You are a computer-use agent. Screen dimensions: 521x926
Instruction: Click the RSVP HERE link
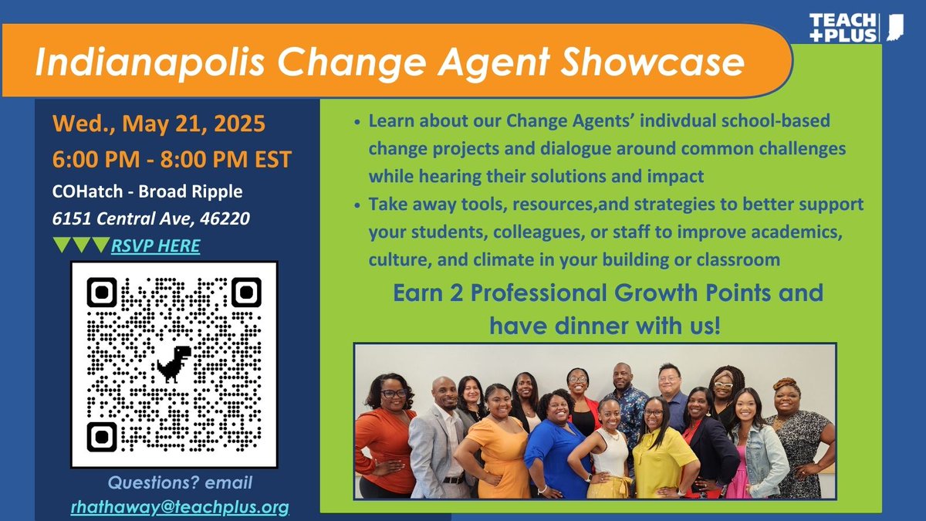[156, 246]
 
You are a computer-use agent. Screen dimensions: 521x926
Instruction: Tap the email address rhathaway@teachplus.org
[180, 507]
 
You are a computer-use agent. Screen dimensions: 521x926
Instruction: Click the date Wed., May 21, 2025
[158, 123]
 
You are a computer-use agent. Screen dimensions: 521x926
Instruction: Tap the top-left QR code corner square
[102, 293]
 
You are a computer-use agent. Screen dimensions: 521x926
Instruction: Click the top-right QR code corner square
[245, 293]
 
